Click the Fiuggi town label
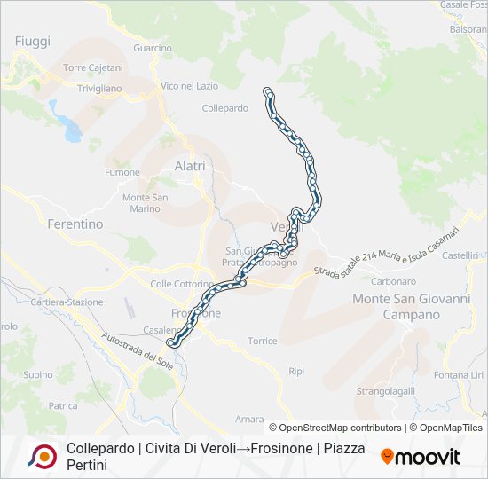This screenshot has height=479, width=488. click(33, 42)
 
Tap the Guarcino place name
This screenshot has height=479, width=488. click(151, 48)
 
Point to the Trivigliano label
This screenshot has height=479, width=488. click(98, 89)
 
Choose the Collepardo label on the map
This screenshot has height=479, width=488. click(224, 108)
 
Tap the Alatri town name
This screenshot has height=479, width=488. click(190, 166)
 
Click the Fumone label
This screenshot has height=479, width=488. click(122, 172)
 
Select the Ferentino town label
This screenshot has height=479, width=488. click(75, 224)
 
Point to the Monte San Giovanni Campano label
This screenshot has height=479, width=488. click(411, 307)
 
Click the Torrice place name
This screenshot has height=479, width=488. click(263, 342)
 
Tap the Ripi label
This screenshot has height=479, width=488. click(296, 372)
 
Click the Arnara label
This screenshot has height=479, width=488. click(249, 419)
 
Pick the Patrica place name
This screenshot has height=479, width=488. click(64, 405)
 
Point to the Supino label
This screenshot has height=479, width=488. click(38, 375)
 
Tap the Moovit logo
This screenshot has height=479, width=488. click(421, 457)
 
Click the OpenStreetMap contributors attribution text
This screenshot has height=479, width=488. click(336, 428)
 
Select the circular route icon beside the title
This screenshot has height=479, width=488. click(42, 456)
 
